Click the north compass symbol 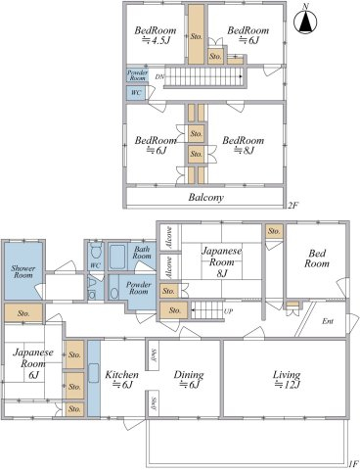305,21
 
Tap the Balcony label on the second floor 206,198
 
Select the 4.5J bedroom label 156,35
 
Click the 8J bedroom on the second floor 244,145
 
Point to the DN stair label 159,77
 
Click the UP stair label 228,311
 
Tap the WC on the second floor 136,93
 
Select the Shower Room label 22,271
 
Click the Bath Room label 142,252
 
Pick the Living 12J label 287,379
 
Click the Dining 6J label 189,379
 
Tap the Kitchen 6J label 121,379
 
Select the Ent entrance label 328,321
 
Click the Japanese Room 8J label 222,262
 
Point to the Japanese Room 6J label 33,363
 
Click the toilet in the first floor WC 96,251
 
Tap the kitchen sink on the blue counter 93,373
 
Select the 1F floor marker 353,463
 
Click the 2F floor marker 292,205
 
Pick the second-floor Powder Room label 137,75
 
